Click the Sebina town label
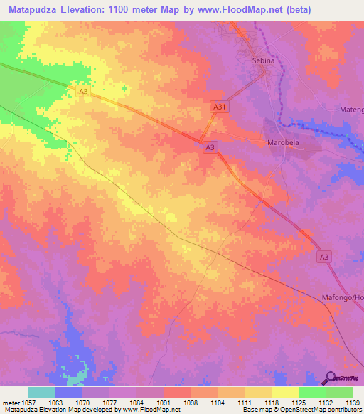coord(264,61)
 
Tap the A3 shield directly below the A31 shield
coord(210,147)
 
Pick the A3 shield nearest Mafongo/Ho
coord(325,256)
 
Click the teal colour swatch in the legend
coord(41,392)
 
